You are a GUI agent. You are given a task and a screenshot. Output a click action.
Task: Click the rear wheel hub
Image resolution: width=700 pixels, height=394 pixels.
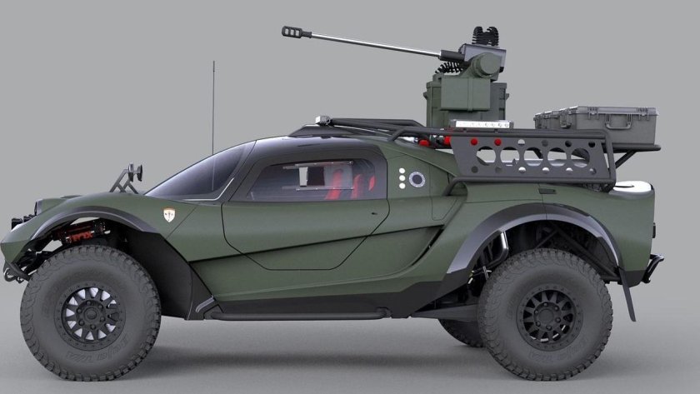click(x=547, y=318)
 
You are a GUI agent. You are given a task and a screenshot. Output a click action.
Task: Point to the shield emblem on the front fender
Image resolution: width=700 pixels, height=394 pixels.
click(x=169, y=215)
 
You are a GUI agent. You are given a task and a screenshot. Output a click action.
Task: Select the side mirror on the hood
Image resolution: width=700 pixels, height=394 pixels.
click(x=134, y=173)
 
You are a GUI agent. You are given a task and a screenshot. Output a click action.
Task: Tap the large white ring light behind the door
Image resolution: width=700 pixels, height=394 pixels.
click(x=417, y=179)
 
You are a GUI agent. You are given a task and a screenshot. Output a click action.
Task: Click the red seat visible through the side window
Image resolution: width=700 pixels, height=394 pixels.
click(x=335, y=184)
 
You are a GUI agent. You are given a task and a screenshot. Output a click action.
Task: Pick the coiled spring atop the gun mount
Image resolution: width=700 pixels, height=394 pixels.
click(x=484, y=37)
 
